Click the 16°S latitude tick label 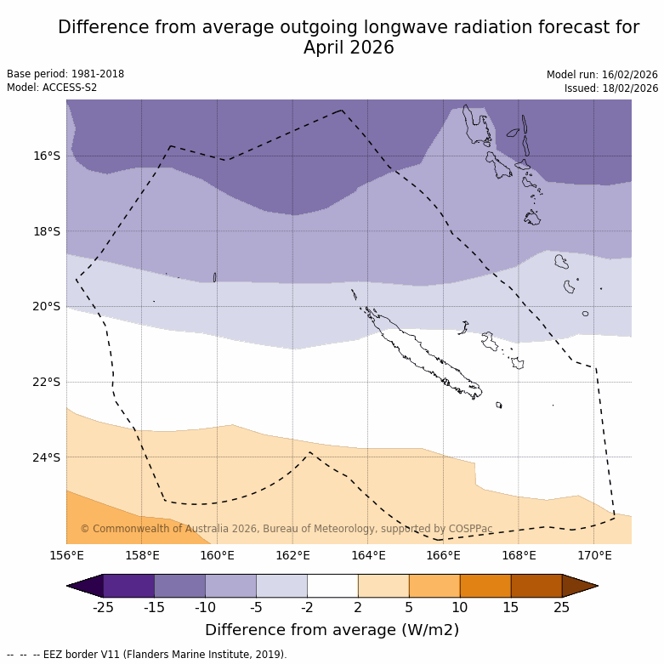click(47, 156)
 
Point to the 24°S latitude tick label click(47, 457)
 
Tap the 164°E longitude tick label click(368, 556)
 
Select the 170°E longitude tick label click(594, 556)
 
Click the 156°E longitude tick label click(66, 556)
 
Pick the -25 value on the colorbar click(103, 607)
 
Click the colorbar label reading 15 click(511, 607)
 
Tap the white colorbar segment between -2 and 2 click(332, 586)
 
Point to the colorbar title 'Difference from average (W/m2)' click(332, 630)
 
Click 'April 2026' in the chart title click(349, 48)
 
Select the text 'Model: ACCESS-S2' click(52, 88)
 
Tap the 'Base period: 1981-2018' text click(65, 74)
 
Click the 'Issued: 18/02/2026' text click(611, 88)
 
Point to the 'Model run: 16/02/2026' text click(602, 75)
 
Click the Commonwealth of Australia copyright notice click(287, 529)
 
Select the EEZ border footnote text click(146, 655)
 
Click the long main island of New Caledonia click(421, 353)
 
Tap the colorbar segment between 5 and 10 click(434, 586)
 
